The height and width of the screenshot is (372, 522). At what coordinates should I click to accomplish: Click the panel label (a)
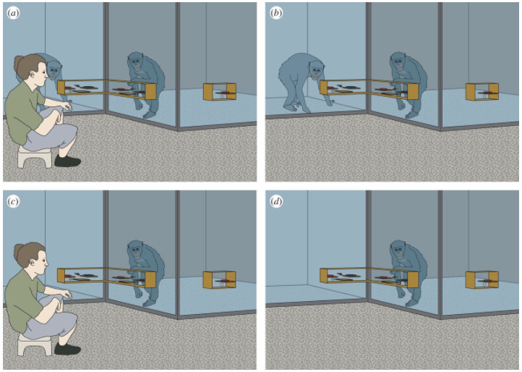(13, 13)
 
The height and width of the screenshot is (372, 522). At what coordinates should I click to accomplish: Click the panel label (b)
(276, 13)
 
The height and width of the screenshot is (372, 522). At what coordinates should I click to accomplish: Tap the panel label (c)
(13, 202)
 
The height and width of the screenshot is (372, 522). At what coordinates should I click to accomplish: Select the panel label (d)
(276, 202)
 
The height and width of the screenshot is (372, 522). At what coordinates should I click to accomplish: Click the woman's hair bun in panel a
(18, 62)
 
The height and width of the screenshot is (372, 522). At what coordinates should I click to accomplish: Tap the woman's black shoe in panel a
(67, 161)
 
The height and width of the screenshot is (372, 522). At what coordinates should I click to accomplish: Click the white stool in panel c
(35, 344)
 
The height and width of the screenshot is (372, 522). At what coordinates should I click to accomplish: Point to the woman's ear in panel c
(33, 262)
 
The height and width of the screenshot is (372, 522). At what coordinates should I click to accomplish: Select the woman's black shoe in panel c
(67, 349)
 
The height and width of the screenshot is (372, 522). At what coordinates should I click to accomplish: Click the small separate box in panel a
(220, 92)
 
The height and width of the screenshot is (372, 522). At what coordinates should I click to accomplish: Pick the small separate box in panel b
(482, 92)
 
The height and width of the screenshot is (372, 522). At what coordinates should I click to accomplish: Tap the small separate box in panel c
(220, 279)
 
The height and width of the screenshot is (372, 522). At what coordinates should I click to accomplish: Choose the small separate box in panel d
(482, 279)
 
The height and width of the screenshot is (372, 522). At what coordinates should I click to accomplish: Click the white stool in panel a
(35, 156)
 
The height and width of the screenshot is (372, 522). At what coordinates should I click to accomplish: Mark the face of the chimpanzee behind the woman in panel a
(54, 71)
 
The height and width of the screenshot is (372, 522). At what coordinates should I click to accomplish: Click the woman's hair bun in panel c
(18, 250)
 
